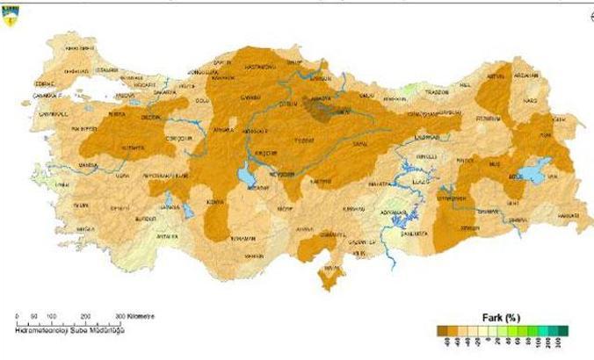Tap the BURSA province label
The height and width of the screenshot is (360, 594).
click(113, 114)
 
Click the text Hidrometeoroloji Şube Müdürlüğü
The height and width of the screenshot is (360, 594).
click(71, 330)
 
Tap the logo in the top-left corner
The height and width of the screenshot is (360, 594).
click(12, 14)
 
